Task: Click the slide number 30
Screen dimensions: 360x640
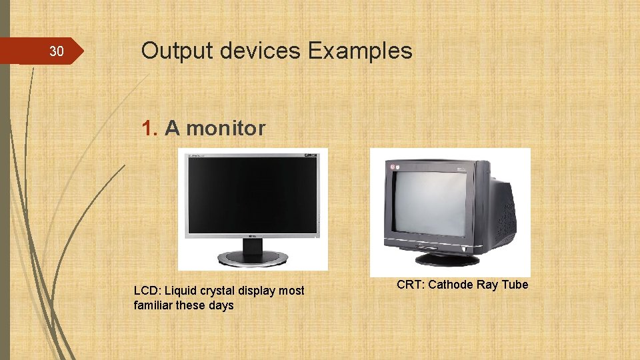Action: coord(57,52)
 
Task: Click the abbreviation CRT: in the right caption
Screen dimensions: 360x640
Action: coord(411,285)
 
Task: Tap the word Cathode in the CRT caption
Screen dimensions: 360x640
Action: coord(451,285)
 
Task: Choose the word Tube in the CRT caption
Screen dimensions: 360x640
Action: coord(515,285)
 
